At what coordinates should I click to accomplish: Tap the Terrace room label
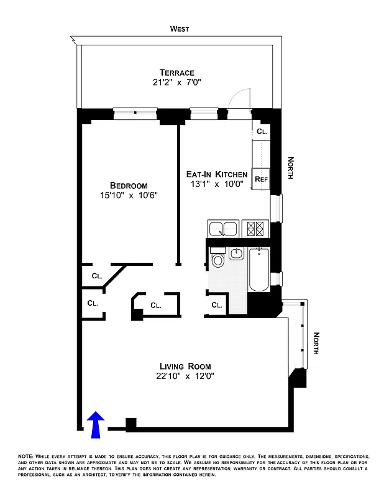176,73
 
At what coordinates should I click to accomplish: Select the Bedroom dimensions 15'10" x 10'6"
129,196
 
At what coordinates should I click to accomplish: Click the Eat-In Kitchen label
217,175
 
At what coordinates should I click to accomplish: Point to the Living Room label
185,366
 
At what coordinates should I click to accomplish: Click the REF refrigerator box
261,179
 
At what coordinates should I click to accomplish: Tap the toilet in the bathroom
217,258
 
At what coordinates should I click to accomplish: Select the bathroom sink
237,253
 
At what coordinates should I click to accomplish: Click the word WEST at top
180,29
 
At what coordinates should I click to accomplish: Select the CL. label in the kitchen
262,132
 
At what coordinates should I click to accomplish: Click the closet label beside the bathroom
216,305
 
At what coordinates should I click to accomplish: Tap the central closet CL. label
155,305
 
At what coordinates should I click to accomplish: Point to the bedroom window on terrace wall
136,113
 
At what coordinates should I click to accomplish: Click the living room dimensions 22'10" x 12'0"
185,376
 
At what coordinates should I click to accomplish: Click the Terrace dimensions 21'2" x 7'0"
176,84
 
